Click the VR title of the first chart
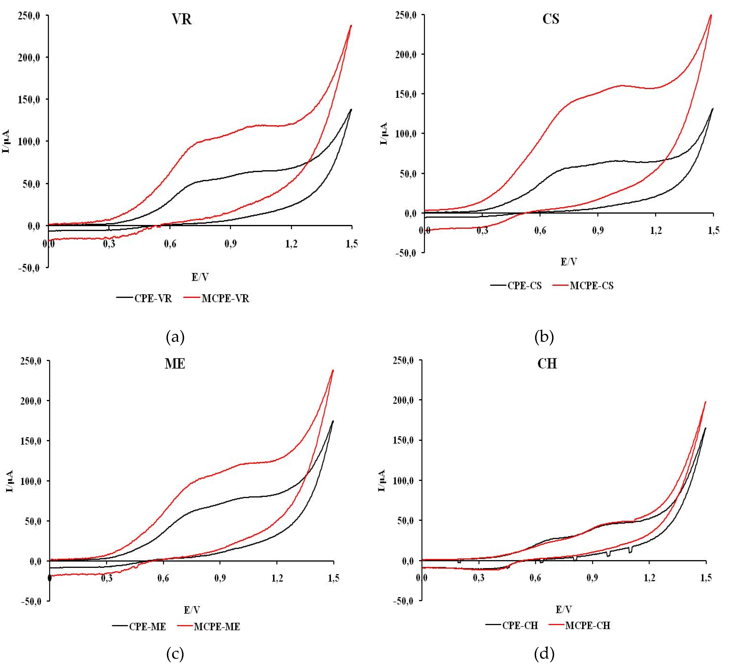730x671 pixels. (x=181, y=19)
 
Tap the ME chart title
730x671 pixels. (x=175, y=364)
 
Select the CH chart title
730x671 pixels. (x=547, y=364)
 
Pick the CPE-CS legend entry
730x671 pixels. (x=524, y=286)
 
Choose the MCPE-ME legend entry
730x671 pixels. (x=217, y=627)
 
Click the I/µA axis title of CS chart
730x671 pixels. (x=384, y=134)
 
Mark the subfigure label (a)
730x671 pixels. (x=175, y=337)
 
